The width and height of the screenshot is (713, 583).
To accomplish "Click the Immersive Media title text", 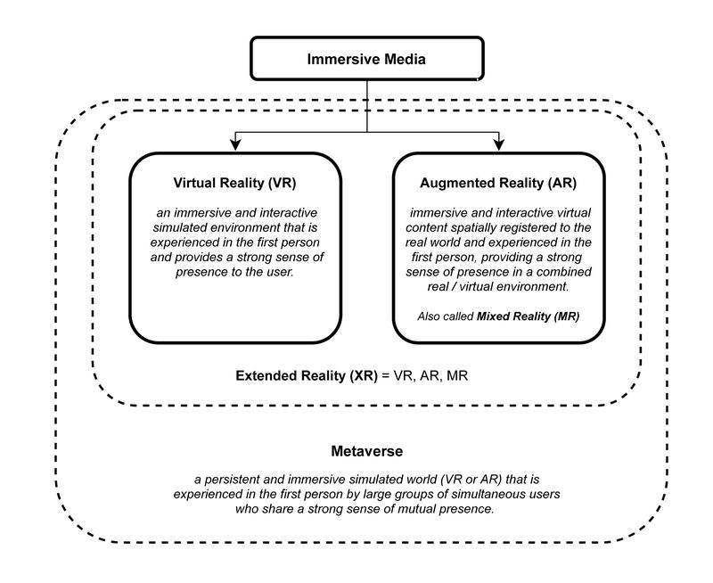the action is coord(366,59).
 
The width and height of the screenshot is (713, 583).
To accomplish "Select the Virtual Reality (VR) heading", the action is coord(234,183).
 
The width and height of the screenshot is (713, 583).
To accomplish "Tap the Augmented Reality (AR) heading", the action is coord(498,183).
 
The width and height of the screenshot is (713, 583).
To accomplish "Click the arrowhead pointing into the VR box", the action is coord(235,144).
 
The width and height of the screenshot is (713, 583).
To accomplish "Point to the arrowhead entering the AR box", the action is coord(499,144).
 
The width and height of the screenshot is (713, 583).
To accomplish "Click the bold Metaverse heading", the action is coord(367,451).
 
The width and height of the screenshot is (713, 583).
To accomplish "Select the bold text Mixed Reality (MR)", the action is coord(528,316).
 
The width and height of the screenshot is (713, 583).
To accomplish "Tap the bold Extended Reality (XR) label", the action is coord(307,376).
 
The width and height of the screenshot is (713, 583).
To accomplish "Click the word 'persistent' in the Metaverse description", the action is coord(233,480).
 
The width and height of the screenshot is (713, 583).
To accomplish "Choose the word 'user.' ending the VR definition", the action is coord(279,272).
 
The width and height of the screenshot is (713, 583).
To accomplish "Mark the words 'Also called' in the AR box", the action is coord(446,316).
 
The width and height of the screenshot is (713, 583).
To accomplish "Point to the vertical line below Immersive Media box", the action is coord(367,106).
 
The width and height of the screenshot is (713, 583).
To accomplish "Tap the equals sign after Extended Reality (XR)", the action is coord(386,376).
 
